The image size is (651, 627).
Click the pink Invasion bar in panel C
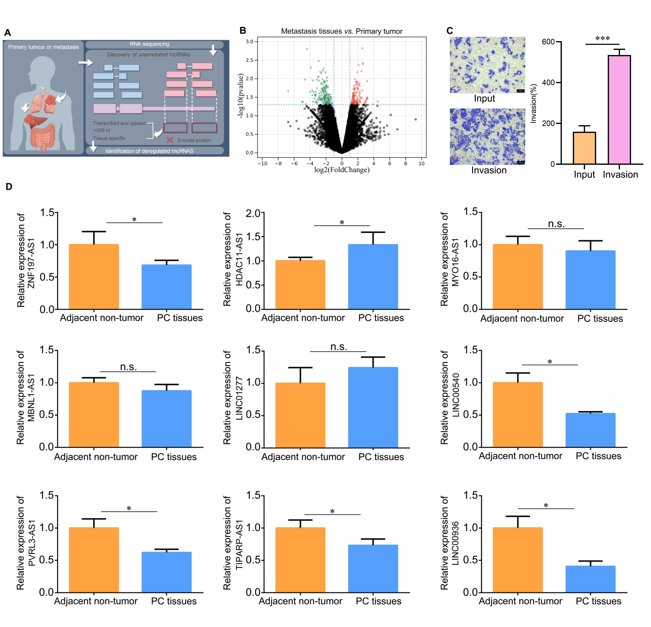[x=619, y=110]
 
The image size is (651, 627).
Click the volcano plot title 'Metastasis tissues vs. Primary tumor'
[x=341, y=31]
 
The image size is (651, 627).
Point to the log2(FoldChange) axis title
[x=342, y=170]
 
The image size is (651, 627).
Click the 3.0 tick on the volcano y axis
[x=249, y=42]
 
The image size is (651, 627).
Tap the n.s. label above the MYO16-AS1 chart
[x=556, y=224]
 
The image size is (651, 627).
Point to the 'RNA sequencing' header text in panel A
[x=149, y=44]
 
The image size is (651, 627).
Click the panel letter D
[x=9, y=187]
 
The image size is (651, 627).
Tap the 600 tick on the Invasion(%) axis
[x=548, y=42]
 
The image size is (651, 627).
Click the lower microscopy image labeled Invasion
[x=487, y=136]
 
